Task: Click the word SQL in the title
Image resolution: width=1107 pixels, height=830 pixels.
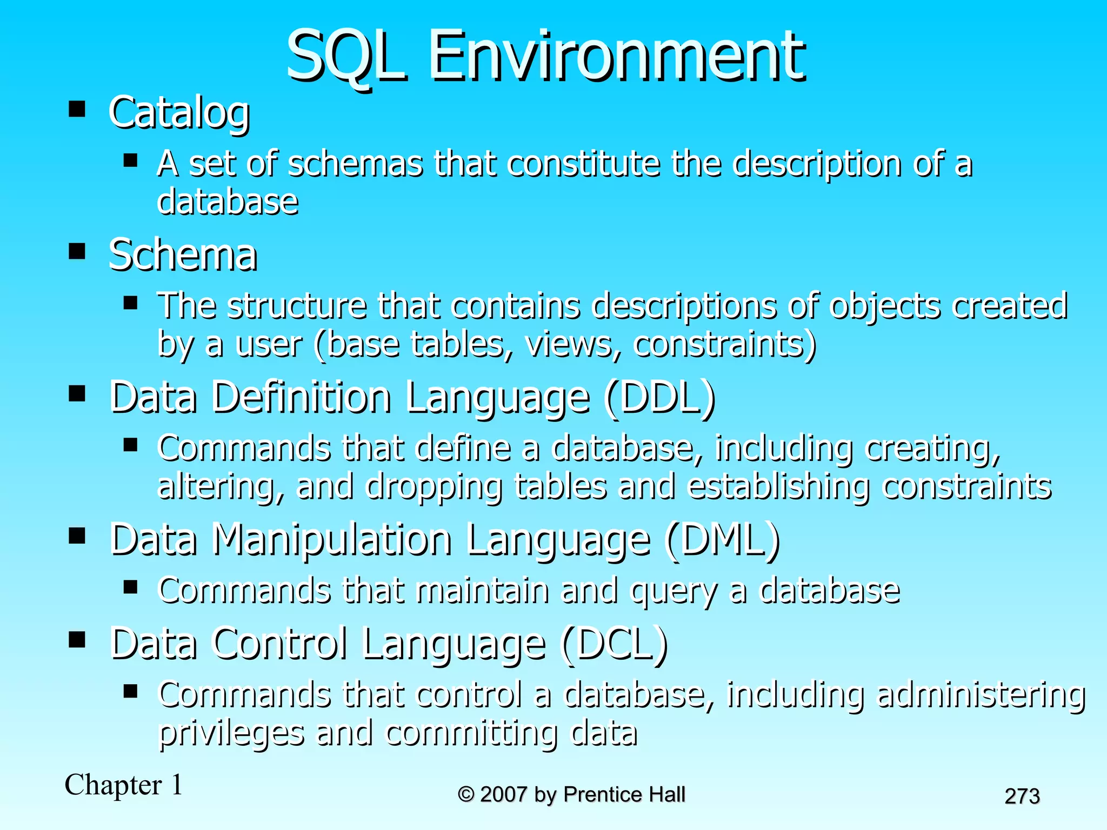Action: coord(346,56)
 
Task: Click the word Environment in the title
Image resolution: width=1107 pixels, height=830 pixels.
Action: coord(616,56)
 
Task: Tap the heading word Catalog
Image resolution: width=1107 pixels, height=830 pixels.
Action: coord(179,113)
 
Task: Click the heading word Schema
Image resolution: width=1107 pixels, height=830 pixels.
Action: coord(183,255)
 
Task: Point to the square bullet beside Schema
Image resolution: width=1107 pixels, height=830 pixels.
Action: coord(77,251)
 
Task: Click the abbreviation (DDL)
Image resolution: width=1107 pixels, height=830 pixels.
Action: coord(661,398)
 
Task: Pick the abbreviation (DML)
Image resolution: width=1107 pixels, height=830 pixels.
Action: coord(723,540)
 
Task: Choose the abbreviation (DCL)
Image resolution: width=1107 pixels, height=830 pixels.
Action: coord(615,644)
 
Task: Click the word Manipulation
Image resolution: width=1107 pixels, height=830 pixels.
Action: coord(332,540)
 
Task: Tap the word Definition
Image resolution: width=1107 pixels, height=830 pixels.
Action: coord(301,398)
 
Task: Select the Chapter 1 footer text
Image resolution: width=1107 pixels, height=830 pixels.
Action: coord(124,785)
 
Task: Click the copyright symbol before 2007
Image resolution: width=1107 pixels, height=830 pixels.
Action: coord(465,795)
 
